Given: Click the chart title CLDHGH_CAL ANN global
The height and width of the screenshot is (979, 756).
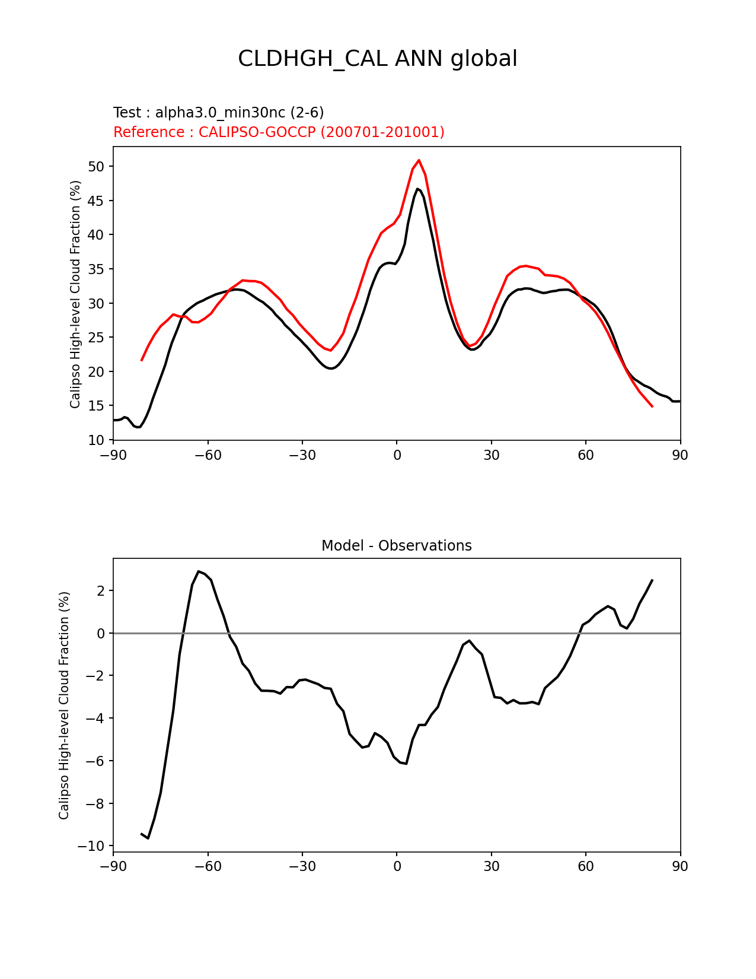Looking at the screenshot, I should (x=378, y=59).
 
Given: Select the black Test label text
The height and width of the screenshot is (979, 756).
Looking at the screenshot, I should (x=218, y=113).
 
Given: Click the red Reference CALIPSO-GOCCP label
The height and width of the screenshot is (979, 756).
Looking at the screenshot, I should (x=279, y=132).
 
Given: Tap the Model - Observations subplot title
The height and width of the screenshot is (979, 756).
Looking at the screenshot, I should (x=396, y=546).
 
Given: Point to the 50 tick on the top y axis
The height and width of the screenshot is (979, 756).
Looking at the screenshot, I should (x=97, y=167).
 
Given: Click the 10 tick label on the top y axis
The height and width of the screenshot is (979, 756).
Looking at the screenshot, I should (x=97, y=440).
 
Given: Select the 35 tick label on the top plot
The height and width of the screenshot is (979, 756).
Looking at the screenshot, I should (x=97, y=269).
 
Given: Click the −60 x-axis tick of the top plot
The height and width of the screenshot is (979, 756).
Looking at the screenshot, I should (x=208, y=455).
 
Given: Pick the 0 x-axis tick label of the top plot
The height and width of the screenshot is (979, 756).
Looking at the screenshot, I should (x=397, y=455).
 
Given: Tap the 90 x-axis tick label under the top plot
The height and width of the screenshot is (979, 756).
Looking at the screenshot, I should (x=680, y=455).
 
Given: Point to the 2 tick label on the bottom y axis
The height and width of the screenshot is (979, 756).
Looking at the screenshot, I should (x=101, y=591).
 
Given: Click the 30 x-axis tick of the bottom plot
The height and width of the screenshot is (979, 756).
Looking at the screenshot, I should (x=491, y=867).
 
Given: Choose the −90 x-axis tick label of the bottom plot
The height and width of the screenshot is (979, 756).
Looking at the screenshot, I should (x=113, y=867).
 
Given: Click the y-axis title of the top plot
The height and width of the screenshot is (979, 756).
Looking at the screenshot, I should (x=75, y=294).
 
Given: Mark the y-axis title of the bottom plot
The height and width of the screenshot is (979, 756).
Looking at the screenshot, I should (x=64, y=705).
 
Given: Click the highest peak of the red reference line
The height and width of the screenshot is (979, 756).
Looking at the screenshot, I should (x=419, y=160).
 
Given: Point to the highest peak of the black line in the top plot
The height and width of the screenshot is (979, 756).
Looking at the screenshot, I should (x=417, y=189).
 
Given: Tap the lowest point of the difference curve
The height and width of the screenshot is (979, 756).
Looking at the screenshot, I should (x=148, y=838).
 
